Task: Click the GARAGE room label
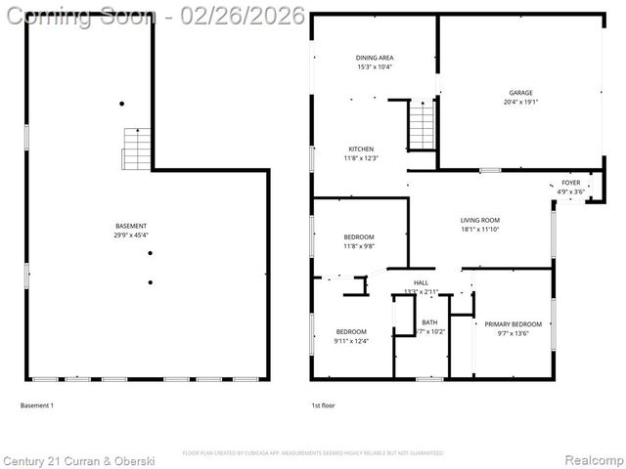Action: tap(519, 93)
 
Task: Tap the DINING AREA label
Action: tap(374, 58)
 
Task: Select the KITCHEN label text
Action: tap(360, 149)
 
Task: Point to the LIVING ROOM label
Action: tap(480, 220)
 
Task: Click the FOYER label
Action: tap(570, 183)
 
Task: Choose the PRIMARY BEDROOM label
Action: tap(514, 324)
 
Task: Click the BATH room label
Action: tap(430, 322)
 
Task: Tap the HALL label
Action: tap(421, 282)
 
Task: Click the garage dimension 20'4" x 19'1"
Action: tap(519, 102)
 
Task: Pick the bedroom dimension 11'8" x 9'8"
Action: tap(359, 246)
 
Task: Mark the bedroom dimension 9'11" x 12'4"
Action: tap(351, 341)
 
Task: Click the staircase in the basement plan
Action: tap(136, 149)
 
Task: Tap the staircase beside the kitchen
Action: tap(422, 124)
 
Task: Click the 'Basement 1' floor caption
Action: tap(37, 405)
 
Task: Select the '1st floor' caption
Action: tap(323, 405)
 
